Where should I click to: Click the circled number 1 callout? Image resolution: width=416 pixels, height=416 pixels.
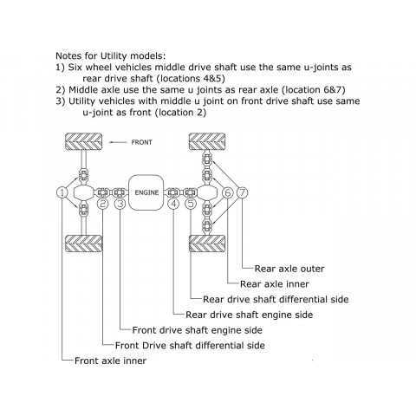pos(62,192)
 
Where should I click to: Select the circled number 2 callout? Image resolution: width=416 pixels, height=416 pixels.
pos(103,204)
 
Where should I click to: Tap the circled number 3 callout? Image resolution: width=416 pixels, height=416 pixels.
pos(120,204)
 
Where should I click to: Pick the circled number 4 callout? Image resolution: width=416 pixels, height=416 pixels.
pos(173,204)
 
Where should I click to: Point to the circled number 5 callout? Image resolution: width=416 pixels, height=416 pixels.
pos(191,204)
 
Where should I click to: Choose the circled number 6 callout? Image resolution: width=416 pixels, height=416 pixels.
pos(228,192)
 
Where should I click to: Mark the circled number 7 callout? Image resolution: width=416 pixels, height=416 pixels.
pos(242,192)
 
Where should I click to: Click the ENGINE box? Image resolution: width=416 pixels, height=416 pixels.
pos(146,192)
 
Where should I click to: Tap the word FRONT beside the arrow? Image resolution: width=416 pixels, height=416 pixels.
pos(141,142)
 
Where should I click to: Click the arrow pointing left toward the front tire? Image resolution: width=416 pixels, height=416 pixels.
pos(118,142)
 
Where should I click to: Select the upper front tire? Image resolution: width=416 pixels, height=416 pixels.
pos(83,141)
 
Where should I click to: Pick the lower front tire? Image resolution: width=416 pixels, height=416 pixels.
pos(83,244)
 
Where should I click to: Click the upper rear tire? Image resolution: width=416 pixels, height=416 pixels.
pos(207,141)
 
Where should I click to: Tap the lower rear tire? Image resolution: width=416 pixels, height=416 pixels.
pos(207,244)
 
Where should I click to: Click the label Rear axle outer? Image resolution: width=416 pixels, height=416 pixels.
pos(289,269)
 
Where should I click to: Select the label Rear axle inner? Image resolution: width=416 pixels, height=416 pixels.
pos(275,284)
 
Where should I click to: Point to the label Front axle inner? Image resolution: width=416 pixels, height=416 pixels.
pos(110,361)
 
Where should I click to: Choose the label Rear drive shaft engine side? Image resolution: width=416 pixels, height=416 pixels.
pos(249,315)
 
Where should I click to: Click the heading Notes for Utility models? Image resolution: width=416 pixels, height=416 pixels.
pos(111,55)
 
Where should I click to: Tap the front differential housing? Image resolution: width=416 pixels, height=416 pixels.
pos(83,192)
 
